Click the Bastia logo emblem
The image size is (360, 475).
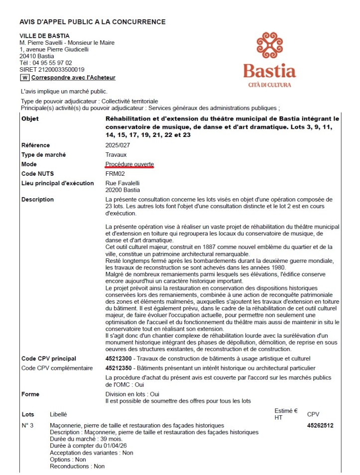269,47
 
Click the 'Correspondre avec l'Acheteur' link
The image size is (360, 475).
73,78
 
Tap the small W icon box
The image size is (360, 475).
24,78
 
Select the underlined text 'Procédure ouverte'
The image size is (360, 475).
129,164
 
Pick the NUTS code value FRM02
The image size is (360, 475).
115,174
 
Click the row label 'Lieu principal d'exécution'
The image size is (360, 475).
57,183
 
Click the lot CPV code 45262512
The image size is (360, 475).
320,426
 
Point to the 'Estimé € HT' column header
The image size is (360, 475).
286,414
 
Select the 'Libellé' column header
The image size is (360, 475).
58,414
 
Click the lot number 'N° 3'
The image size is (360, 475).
27,426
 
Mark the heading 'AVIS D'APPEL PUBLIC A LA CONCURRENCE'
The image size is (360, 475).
92,22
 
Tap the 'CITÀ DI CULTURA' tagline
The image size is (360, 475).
269,85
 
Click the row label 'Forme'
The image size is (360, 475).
30,394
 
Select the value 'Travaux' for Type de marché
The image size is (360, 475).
116,155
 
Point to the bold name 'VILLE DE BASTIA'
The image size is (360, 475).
44,36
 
